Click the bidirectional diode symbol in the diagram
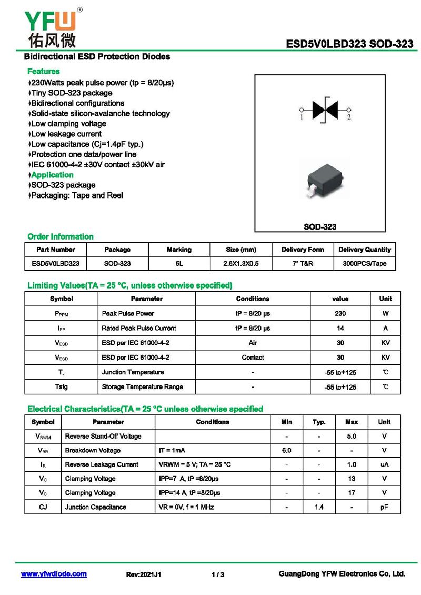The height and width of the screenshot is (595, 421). tap(324, 110)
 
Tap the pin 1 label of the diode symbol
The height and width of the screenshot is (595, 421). tap(302, 118)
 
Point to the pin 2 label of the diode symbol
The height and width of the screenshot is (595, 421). tap(348, 118)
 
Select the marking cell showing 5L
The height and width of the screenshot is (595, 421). tap(179, 263)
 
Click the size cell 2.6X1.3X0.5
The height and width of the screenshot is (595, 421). tap(241, 263)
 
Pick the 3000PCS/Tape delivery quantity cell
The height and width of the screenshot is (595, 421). tap(365, 263)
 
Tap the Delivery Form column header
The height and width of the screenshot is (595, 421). tap(303, 250)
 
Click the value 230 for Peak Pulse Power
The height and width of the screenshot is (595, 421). tap(340, 313)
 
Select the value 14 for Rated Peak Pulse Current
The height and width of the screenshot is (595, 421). tap(340, 328)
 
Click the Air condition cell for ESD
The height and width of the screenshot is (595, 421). tap(253, 343)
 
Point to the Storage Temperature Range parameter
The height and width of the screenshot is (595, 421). tap(142, 387)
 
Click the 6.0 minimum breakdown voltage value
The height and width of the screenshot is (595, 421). tap(286, 450)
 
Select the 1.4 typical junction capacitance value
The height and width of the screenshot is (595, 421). tap(319, 507)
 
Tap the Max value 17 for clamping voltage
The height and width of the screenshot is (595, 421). tap(352, 493)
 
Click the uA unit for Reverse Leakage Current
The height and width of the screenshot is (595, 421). tap(384, 464)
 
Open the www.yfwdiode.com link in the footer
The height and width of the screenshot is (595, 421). tap(54, 574)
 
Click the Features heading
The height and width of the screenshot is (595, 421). tap(43, 71)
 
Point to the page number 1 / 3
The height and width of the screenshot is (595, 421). tap(218, 574)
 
